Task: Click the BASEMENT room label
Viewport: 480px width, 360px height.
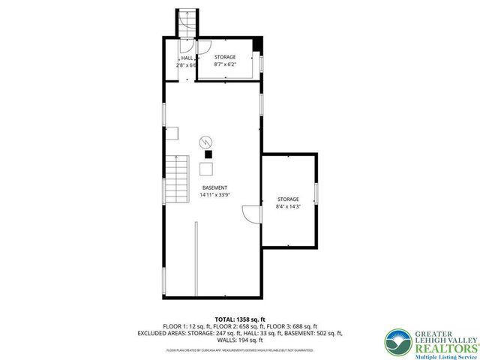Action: point(214,187)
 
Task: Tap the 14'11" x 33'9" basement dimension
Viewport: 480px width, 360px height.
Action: point(214,194)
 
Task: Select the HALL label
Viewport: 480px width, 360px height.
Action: point(187,58)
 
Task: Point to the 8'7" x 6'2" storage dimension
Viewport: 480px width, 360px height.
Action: point(224,65)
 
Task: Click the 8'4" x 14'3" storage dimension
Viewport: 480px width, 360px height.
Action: point(288,205)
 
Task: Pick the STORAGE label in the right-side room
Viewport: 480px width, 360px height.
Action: point(288,199)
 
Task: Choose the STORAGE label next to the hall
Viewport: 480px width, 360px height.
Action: point(225,58)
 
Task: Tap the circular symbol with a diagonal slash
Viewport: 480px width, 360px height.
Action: point(205,142)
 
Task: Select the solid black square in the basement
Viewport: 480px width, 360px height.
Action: point(208,154)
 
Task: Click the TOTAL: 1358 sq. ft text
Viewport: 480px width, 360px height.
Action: point(239,319)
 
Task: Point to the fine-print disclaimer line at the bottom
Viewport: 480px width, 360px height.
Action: point(239,350)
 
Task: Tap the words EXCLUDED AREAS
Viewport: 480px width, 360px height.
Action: point(160,333)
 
